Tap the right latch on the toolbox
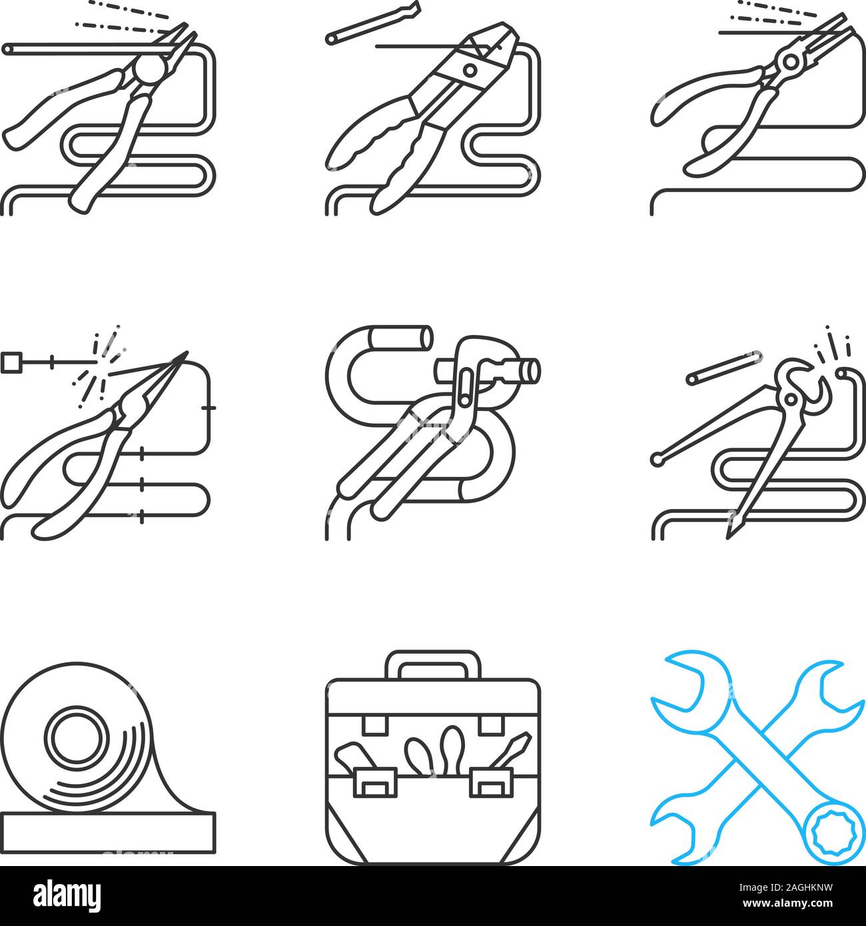point(489,781)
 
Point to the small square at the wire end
point(11,363)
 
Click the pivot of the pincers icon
point(791,399)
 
